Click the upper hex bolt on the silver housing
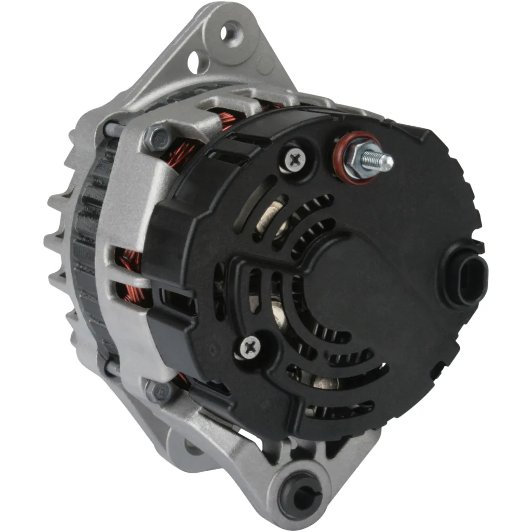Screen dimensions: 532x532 click(155, 137)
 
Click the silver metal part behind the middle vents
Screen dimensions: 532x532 click(279, 315)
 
